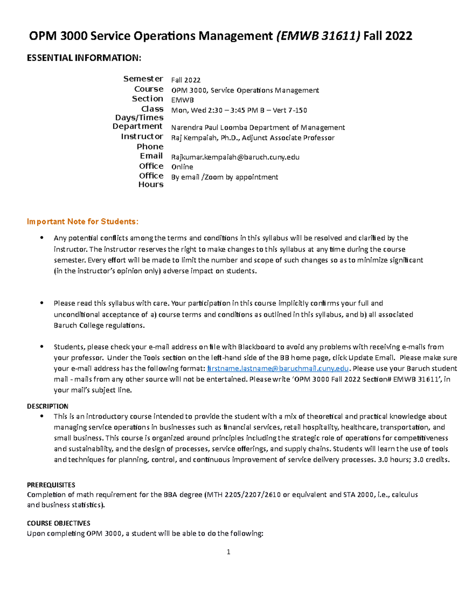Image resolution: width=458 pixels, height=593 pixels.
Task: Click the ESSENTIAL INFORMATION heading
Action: (x=84, y=58)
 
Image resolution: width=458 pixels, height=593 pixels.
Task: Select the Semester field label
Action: (x=143, y=79)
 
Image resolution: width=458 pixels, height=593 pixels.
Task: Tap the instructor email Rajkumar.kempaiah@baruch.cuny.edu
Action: (x=235, y=157)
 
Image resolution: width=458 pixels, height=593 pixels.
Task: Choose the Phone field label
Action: (x=150, y=147)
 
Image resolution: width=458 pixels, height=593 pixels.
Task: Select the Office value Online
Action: (x=182, y=167)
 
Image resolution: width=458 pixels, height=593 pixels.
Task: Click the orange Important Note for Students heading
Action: (x=83, y=221)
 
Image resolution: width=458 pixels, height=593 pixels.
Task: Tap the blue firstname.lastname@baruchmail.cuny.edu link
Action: (x=277, y=368)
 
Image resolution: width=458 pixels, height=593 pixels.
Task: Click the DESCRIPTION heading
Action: (x=48, y=406)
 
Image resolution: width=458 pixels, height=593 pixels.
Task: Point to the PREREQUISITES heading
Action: (x=51, y=485)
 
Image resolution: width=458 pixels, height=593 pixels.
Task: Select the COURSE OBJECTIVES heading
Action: (x=58, y=523)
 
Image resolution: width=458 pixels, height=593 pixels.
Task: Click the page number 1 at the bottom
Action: (x=228, y=552)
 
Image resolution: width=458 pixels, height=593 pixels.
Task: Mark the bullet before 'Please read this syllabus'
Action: (x=42, y=303)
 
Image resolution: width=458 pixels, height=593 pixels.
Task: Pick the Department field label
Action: (x=137, y=126)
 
